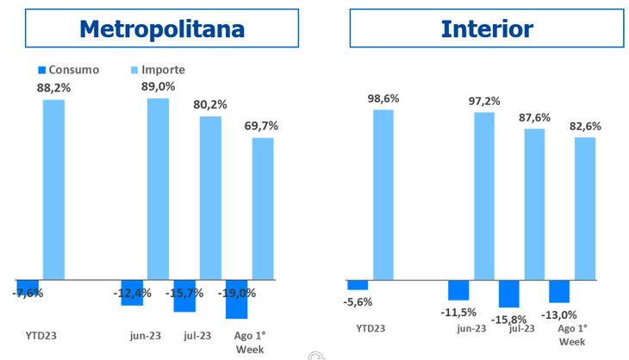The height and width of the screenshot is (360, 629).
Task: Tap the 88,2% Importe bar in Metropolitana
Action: click(x=54, y=189)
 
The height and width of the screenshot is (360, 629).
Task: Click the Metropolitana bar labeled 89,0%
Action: click(x=158, y=189)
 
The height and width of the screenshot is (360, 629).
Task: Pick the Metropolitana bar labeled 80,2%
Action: click(x=210, y=197)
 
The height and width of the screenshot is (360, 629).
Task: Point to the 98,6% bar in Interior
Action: click(x=383, y=194)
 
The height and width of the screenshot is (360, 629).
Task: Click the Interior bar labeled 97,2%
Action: click(x=484, y=196)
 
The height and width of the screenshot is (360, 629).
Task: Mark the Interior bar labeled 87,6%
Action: click(x=535, y=204)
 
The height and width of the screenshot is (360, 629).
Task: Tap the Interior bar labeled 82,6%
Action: click(x=585, y=208)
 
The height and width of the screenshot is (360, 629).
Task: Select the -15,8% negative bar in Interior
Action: click(x=509, y=294)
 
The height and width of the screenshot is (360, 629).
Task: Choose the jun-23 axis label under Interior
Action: click(x=471, y=328)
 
